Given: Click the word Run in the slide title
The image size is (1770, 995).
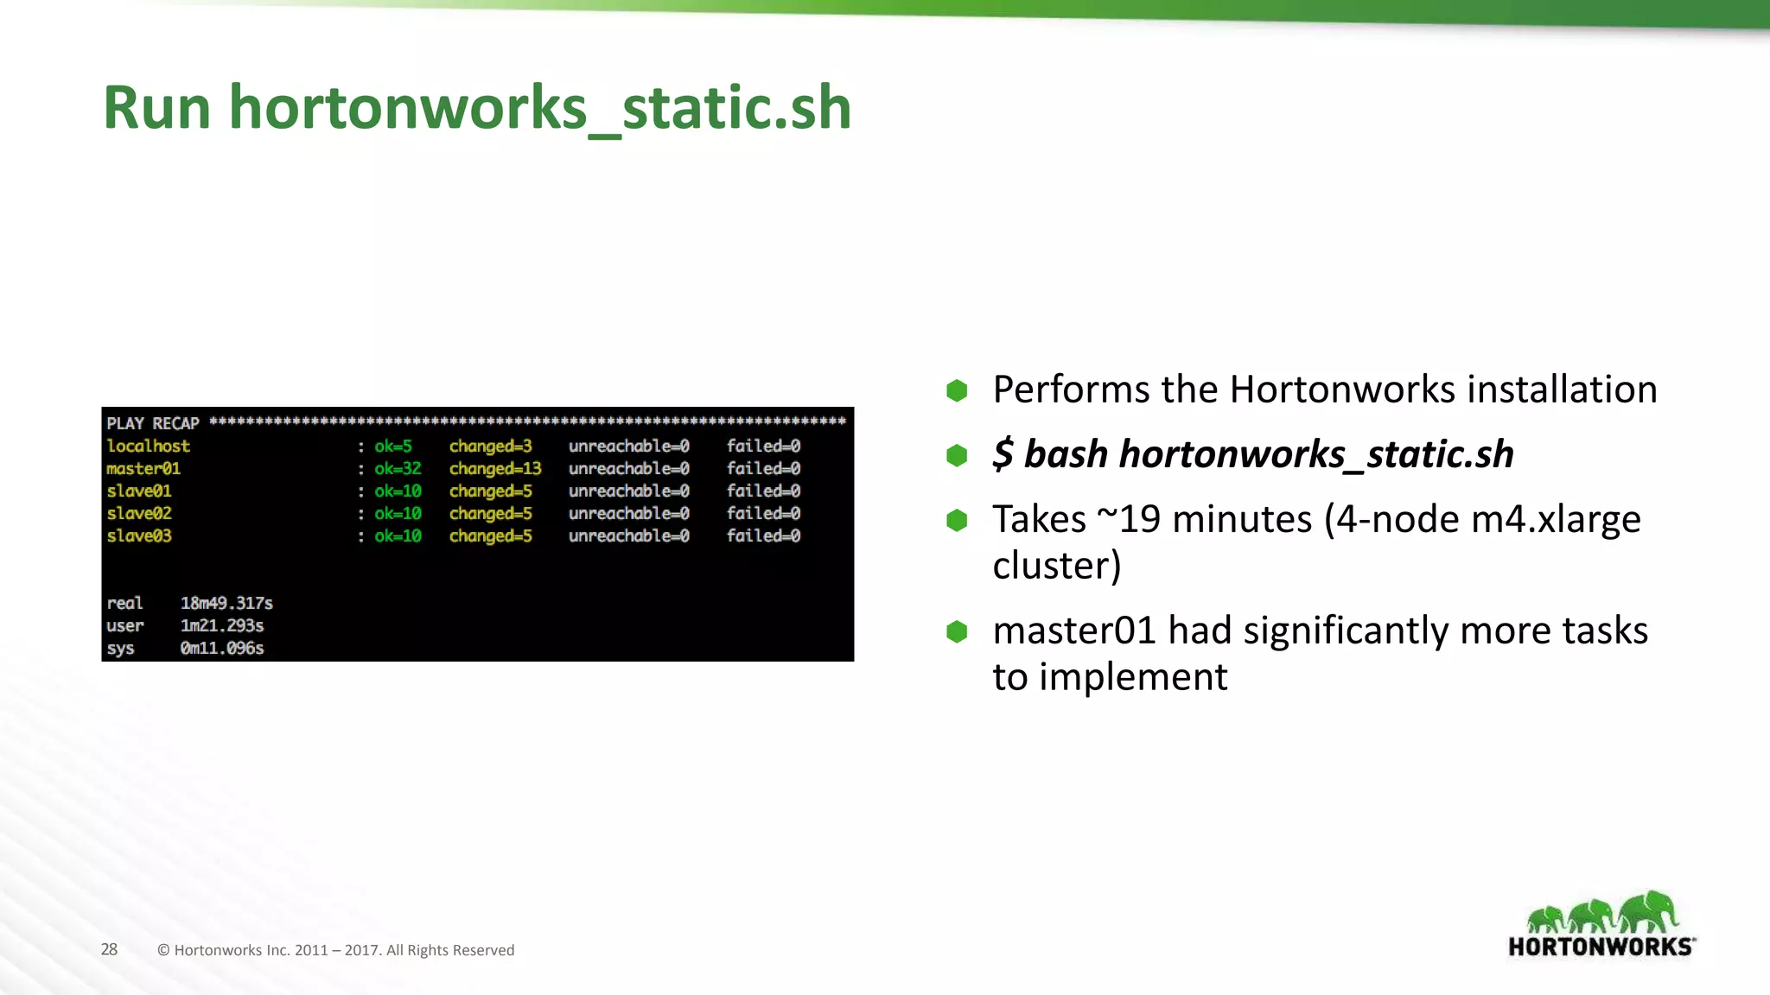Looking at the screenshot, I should pyautogui.click(x=156, y=108).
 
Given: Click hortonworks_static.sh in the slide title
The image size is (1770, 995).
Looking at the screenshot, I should pyautogui.click(x=540, y=108).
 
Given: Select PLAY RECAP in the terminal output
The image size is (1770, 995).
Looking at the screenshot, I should pyautogui.click(x=152, y=423).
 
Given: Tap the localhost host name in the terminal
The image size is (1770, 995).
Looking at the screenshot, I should pyautogui.click(x=148, y=447).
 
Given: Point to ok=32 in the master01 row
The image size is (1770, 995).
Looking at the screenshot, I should pyautogui.click(x=398, y=469).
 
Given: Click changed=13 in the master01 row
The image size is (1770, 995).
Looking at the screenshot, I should pyautogui.click(x=494, y=469).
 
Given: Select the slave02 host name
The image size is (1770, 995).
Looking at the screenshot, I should pyautogui.click(x=138, y=514).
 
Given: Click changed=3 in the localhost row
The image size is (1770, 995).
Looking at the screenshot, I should pyautogui.click(x=490, y=447).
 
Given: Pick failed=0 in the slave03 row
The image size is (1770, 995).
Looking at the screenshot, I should pyautogui.click(x=763, y=536).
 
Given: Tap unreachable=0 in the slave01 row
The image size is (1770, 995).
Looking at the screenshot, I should pyautogui.click(x=628, y=491).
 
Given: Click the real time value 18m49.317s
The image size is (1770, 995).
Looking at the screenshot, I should pyautogui.click(x=226, y=603).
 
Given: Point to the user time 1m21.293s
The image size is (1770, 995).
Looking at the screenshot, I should pyautogui.click(x=222, y=625).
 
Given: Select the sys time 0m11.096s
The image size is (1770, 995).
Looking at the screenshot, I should pyautogui.click(x=222, y=648).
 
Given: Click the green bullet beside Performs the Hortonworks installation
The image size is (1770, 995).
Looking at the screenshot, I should pyautogui.click(x=957, y=390).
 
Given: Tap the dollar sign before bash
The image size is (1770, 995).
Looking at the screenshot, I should pyautogui.click(x=1003, y=453).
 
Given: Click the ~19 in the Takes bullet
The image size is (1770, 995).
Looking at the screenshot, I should pyautogui.click(x=1129, y=519).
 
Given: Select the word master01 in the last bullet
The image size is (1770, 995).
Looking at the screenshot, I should pyautogui.click(x=1073, y=631).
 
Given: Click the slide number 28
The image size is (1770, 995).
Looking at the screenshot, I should pyautogui.click(x=109, y=949).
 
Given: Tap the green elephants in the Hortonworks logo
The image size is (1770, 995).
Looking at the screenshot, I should pyautogui.click(x=1602, y=914).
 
